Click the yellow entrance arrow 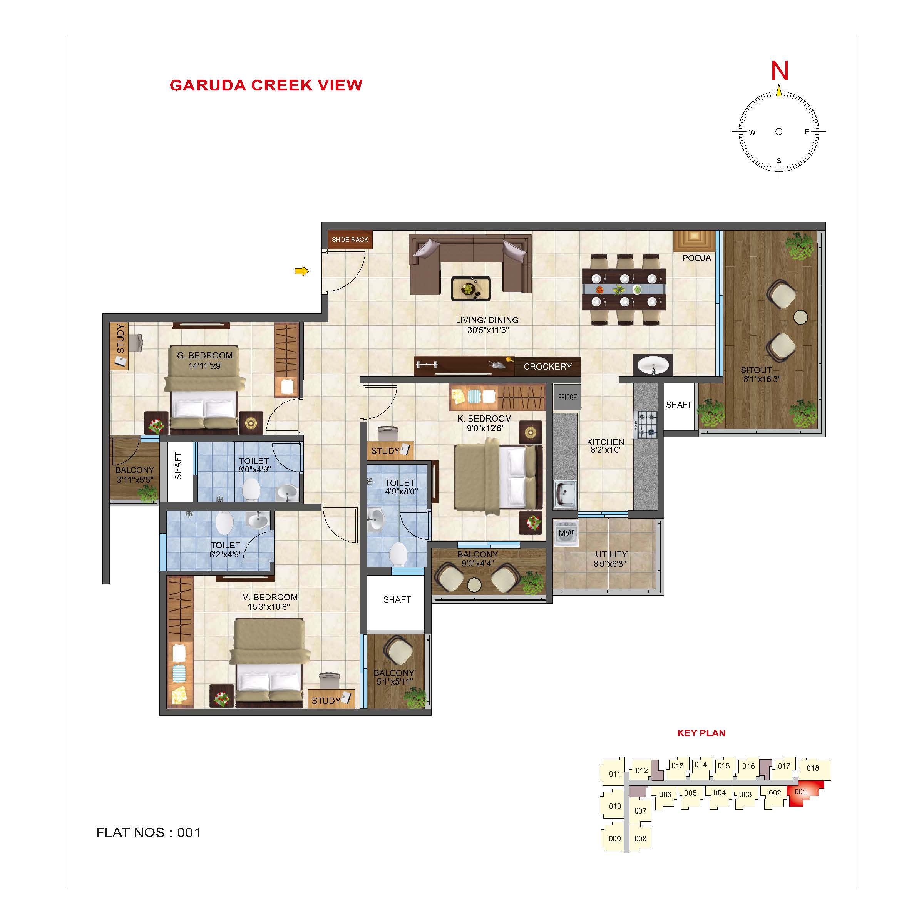(x=302, y=272)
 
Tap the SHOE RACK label (x=350, y=239)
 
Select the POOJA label (x=696, y=258)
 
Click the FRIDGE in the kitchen (x=567, y=397)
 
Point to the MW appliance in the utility (x=566, y=533)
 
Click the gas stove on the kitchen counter (x=646, y=425)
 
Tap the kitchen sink (x=565, y=494)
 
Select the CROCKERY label (x=547, y=367)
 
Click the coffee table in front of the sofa (x=471, y=289)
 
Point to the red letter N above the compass (x=780, y=71)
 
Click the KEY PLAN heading (x=701, y=733)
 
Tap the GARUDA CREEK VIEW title (x=266, y=85)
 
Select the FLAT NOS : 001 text (x=148, y=833)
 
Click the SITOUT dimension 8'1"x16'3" (x=762, y=379)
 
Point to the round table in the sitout (x=801, y=316)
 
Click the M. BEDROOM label (x=270, y=598)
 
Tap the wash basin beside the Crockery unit (x=653, y=366)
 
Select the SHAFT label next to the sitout (x=679, y=405)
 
